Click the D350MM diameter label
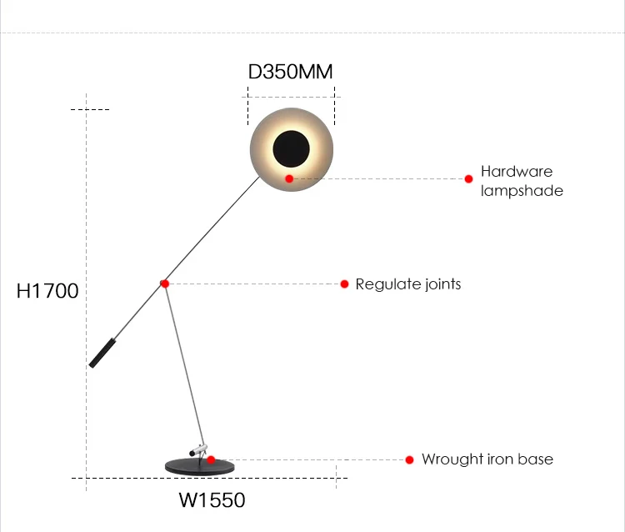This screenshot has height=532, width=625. [291, 72]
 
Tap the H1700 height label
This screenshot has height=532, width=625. [47, 291]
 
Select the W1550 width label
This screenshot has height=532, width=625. [212, 500]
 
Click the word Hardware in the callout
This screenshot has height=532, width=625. [517, 172]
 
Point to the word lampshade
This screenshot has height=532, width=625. [522, 191]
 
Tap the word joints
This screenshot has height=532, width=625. [440, 284]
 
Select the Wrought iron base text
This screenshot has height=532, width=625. [487, 459]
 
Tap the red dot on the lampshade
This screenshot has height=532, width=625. [289, 178]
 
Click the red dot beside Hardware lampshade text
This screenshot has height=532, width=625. [469, 178]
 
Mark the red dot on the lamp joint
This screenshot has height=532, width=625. [165, 284]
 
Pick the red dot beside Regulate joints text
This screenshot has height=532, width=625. [344, 284]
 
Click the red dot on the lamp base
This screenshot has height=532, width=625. [211, 459]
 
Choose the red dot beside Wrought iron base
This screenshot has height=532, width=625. [410, 459]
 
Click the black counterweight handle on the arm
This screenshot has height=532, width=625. [102, 353]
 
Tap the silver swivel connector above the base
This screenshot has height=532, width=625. [199, 449]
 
